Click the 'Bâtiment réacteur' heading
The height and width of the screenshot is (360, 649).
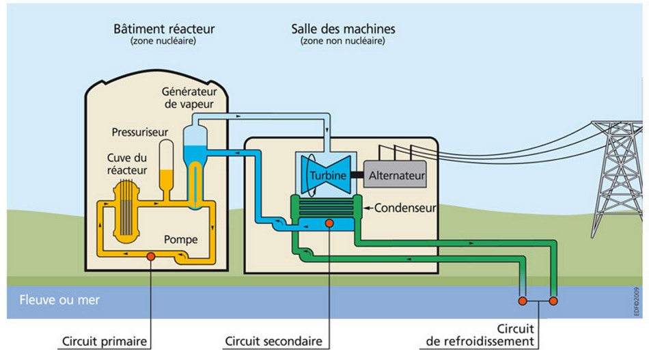[164, 29]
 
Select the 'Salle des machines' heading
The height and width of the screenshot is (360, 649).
[343, 29]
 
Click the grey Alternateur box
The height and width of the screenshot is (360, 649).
[397, 176]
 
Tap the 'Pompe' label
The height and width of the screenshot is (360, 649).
[181, 240]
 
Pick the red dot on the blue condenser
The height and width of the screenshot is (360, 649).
[329, 223]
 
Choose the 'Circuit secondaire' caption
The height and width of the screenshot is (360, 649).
[273, 340]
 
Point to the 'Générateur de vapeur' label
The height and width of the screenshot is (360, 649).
[188, 98]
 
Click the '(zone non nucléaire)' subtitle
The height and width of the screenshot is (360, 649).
[342, 41]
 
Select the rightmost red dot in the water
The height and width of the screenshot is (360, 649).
[553, 301]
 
